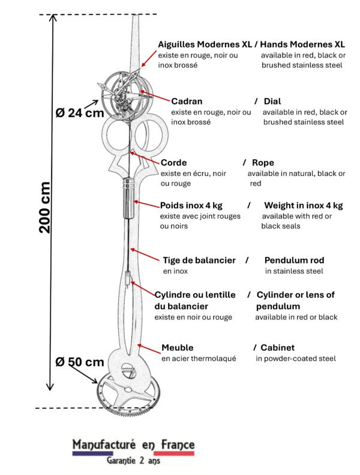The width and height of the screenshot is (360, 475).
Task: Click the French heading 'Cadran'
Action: point(187,101)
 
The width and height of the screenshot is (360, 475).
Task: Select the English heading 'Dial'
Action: point(271,101)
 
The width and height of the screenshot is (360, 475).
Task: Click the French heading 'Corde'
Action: point(173,163)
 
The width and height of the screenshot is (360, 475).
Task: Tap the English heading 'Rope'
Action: point(263,163)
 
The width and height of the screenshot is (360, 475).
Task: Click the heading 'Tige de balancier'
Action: point(199,260)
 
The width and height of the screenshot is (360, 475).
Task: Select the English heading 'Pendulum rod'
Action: point(294,260)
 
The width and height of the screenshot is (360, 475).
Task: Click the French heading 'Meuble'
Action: point(177,348)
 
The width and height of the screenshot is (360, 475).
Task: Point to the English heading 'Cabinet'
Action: point(277,348)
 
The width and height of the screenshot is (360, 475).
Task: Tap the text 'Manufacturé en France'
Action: point(133,444)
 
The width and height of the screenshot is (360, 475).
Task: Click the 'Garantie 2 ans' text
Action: point(133,461)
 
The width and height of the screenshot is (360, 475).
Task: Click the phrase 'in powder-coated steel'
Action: point(295,359)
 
